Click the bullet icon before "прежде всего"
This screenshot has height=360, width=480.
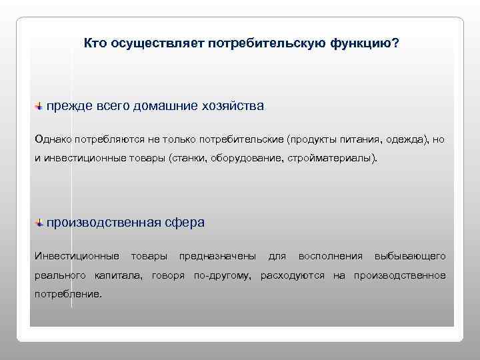[39, 106]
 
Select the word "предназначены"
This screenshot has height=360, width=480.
[217, 257]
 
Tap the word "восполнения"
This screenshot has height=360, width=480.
[331, 257]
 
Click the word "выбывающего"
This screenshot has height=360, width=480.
[410, 257]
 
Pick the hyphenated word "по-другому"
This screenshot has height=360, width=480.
[221, 275]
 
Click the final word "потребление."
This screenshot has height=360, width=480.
[69, 293]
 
